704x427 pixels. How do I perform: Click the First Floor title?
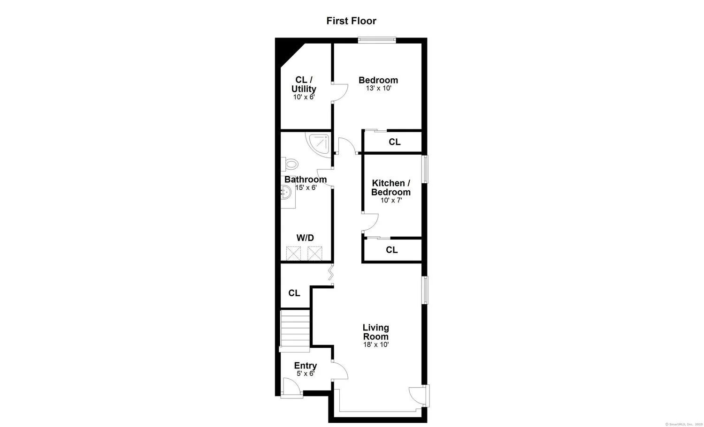(351, 21)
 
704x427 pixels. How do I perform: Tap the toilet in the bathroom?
(291, 164)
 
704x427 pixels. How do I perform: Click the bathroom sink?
(286, 192)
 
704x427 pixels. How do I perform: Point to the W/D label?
(305, 238)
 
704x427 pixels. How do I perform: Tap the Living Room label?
(375, 332)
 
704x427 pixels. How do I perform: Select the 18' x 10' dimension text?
(376, 345)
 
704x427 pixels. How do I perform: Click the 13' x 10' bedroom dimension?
(378, 88)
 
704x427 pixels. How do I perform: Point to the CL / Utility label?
(304, 84)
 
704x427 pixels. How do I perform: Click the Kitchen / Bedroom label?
(391, 187)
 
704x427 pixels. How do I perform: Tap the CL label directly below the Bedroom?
(394, 142)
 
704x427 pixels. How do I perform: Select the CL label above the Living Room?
(391, 250)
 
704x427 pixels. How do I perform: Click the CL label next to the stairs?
(294, 293)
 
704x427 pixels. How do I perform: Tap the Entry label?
(306, 366)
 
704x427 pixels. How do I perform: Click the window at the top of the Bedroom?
(377, 40)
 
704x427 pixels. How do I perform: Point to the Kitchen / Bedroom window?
(425, 169)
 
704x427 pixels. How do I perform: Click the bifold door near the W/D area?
(331, 274)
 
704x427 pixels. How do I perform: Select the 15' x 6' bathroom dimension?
(306, 187)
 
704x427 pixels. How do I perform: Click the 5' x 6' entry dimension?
(306, 374)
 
